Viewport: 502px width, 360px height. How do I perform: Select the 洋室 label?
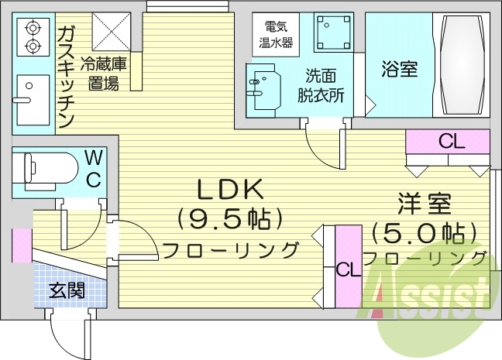[423, 204]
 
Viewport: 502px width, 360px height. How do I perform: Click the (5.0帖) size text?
[423, 231]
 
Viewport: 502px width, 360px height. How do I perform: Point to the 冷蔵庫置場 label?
[103, 74]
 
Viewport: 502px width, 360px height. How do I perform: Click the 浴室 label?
[399, 68]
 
